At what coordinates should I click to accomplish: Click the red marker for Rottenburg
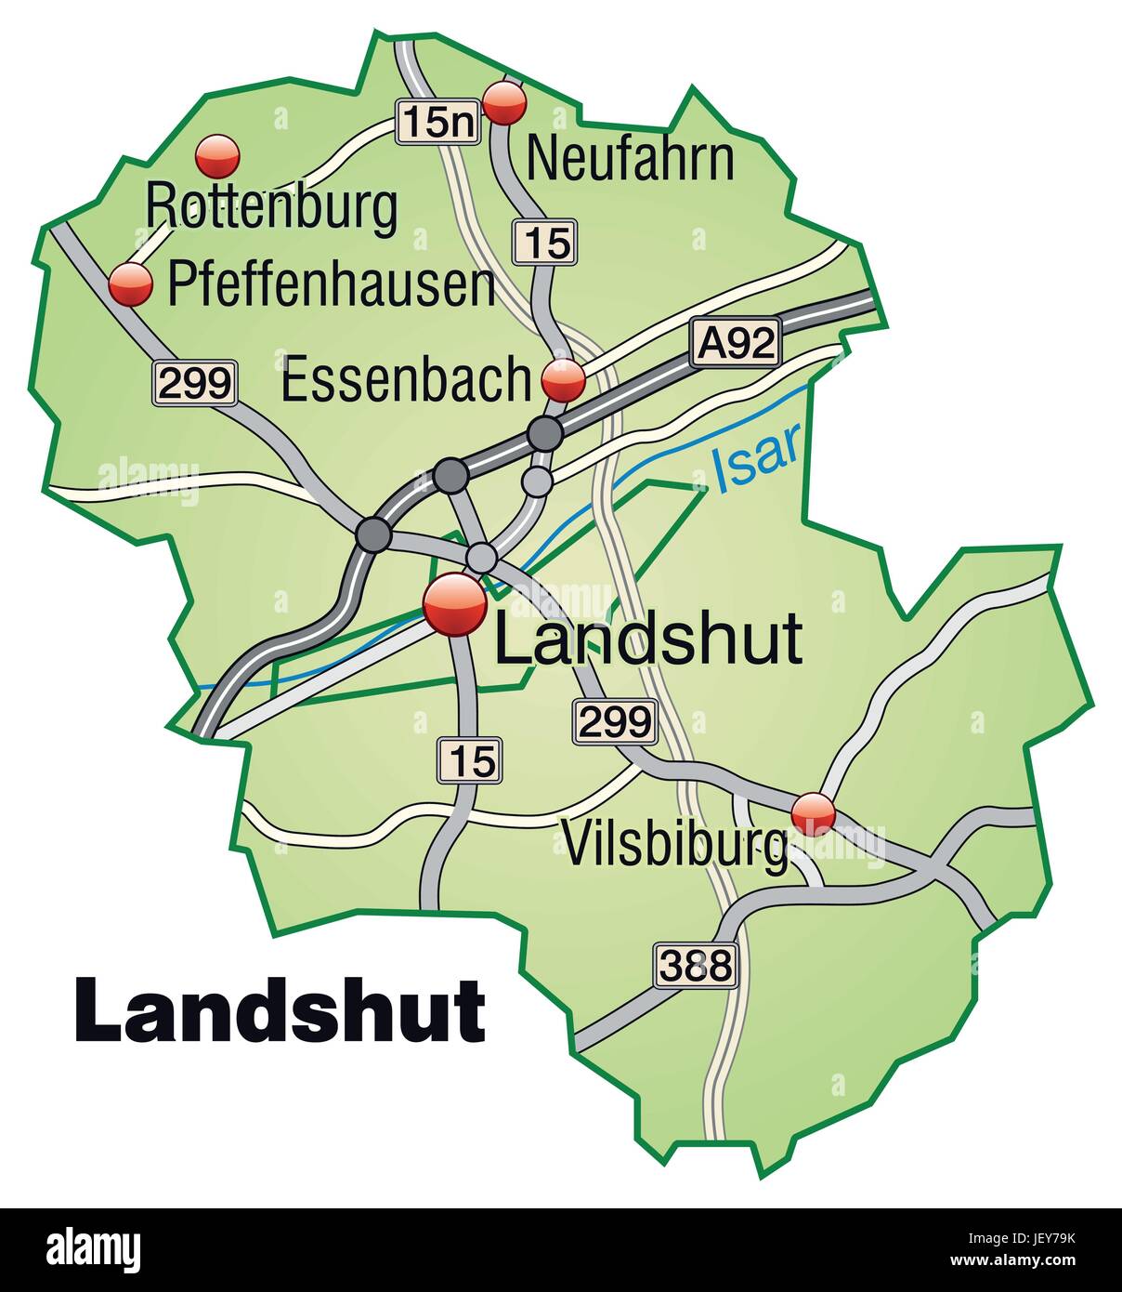tap(218, 156)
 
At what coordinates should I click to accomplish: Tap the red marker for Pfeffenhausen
tap(131, 283)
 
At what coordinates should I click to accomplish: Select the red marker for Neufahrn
tap(506, 102)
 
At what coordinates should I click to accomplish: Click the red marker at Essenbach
tap(563, 380)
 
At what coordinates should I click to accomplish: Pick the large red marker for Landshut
tap(454, 604)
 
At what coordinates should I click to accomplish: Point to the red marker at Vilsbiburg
tap(813, 814)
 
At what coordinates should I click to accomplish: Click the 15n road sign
tap(438, 122)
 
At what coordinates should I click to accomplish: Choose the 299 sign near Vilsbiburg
tap(615, 721)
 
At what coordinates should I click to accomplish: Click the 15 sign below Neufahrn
tap(545, 243)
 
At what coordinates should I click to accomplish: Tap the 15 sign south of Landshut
tap(471, 759)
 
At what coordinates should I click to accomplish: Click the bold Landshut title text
tap(280, 1010)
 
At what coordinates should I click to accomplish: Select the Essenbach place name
tap(406, 380)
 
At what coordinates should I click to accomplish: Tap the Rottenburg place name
tap(272, 206)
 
